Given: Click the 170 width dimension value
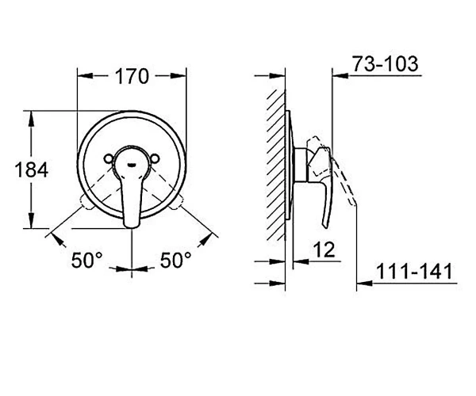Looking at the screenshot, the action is click(x=132, y=76).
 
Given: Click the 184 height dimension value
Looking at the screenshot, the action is click(x=32, y=169).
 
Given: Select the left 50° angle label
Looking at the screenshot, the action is click(x=87, y=260).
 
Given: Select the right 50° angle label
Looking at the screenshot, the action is click(x=176, y=260).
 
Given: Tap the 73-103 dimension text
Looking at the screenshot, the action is click(x=386, y=64).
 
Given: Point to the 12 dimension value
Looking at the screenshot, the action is click(x=324, y=249).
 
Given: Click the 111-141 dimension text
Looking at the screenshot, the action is click(x=414, y=271).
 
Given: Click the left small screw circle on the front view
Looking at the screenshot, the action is click(x=109, y=158).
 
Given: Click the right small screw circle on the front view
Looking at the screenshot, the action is click(x=155, y=158).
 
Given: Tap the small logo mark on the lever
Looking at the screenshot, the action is click(x=132, y=165).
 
